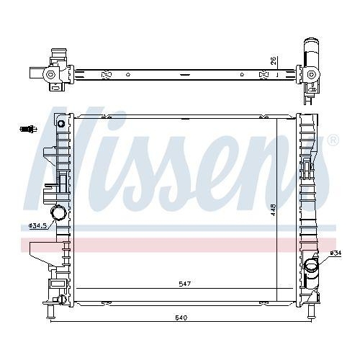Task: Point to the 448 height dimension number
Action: coord(274,210)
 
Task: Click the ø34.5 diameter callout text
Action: coord(37,225)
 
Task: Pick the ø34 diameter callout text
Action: coord(335,253)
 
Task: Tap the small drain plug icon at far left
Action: coord(27,129)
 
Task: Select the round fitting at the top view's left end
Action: coord(50,74)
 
